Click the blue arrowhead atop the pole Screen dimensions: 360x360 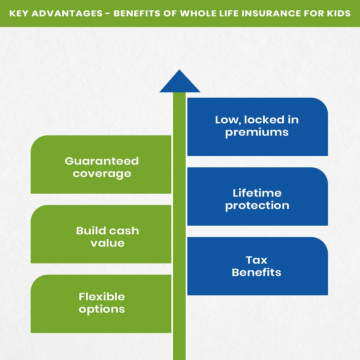pyautogui.click(x=180, y=83)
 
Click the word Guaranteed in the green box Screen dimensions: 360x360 pyautogui.click(x=102, y=161)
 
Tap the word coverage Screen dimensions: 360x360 pyautogui.click(x=102, y=174)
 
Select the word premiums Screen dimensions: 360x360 pyautogui.click(x=257, y=132)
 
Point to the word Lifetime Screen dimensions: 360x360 pyautogui.click(x=257, y=193)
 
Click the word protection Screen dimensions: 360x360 pyautogui.click(x=257, y=206)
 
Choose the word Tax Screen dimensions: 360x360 pyautogui.click(x=256, y=260)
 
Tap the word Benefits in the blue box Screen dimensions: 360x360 pyautogui.click(x=256, y=272)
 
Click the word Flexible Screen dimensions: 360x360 pyautogui.click(x=102, y=297)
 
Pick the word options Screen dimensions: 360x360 pyautogui.click(x=102, y=309)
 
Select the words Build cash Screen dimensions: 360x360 pyautogui.click(x=107, y=231)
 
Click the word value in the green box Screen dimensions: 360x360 pyautogui.click(x=107, y=243)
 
